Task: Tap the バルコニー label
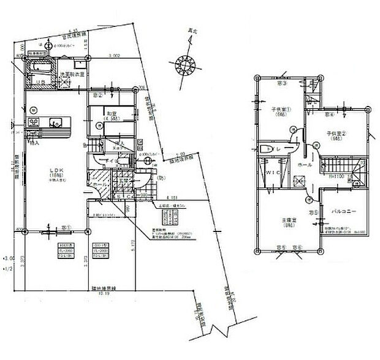[x=344, y=212]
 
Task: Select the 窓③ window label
[x=284, y=84]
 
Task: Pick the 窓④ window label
[x=329, y=114]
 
